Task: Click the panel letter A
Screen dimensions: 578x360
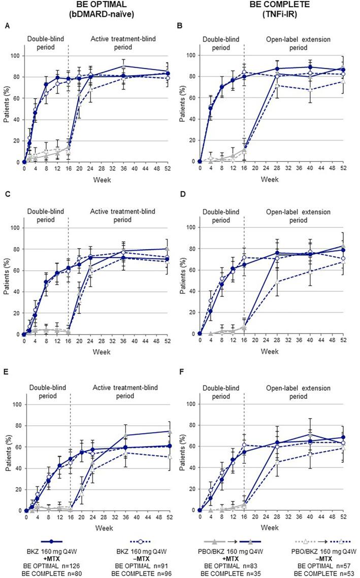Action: (x=7, y=25)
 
